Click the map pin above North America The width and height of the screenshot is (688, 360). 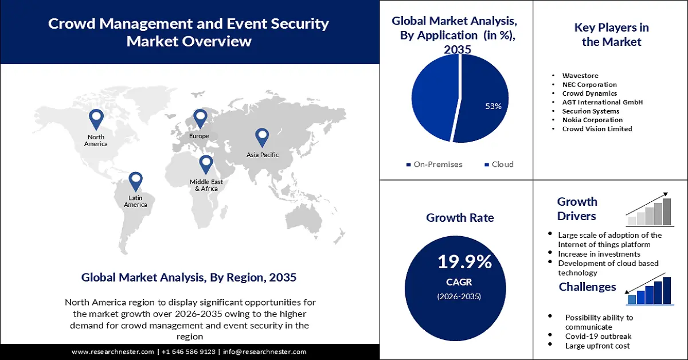click(x=96, y=119)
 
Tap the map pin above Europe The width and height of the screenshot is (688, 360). click(x=200, y=118)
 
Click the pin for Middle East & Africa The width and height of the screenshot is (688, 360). click(x=206, y=164)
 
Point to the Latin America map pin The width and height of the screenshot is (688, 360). click(x=135, y=181)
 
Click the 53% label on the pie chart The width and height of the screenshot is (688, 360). click(x=493, y=106)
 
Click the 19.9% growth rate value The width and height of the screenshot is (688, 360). click(x=464, y=262)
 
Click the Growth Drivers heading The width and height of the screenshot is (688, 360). click(x=577, y=209)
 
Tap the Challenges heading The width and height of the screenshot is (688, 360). click(x=588, y=287)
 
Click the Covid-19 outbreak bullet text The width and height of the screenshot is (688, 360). click(x=598, y=336)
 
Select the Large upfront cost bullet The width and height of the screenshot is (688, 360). click(x=597, y=346)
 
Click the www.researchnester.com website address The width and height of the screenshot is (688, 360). click(x=113, y=352)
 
